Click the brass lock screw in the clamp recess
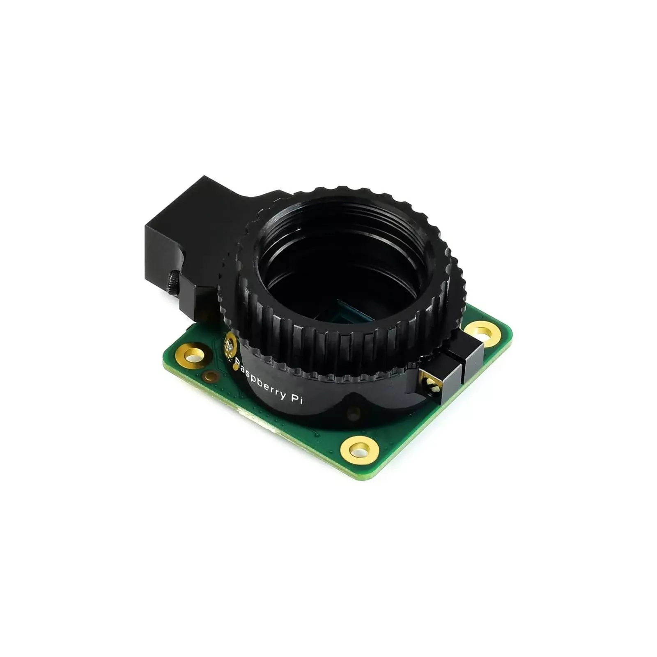430,384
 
